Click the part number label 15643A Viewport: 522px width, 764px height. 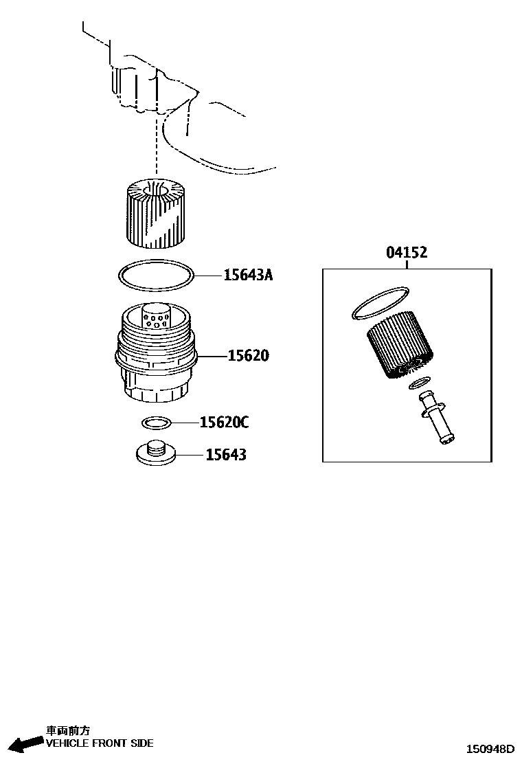248,276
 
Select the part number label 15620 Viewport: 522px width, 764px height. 248,356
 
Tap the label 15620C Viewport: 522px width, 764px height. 224,423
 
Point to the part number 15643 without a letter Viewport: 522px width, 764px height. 226,455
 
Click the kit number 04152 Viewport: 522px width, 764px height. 406,253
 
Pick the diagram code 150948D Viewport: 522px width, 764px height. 490,749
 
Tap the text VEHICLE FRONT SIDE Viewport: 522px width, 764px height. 100,743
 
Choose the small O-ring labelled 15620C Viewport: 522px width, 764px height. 157,421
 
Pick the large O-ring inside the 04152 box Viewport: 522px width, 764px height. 377,303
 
